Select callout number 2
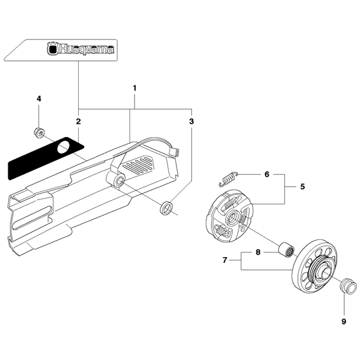(77, 121)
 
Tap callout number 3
(192, 120)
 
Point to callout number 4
(39, 99)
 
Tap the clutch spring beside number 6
(228, 179)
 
